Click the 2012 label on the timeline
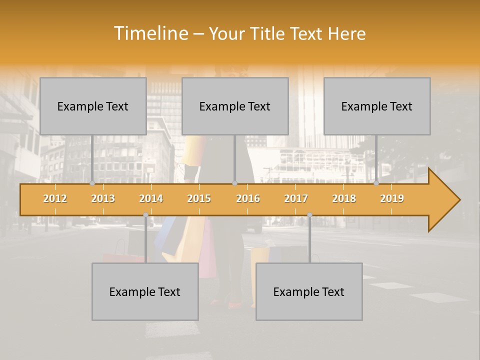tap(55, 198)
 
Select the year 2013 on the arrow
tap(103, 198)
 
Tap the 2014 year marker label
tap(151, 198)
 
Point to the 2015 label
tap(199, 198)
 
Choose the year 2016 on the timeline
tap(248, 198)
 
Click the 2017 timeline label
tap(296, 198)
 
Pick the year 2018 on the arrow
tap(344, 198)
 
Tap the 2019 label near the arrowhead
tap(392, 198)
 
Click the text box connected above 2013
tap(93, 106)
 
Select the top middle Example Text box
tap(235, 106)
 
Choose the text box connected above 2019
tap(377, 106)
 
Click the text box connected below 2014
tap(145, 291)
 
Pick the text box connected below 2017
tap(309, 291)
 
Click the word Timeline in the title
tap(150, 33)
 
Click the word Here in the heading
tap(347, 33)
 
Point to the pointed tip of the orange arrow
tap(459, 200)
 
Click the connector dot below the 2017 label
tap(309, 215)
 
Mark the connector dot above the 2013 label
tap(92, 183)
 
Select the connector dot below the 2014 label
tap(145, 215)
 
